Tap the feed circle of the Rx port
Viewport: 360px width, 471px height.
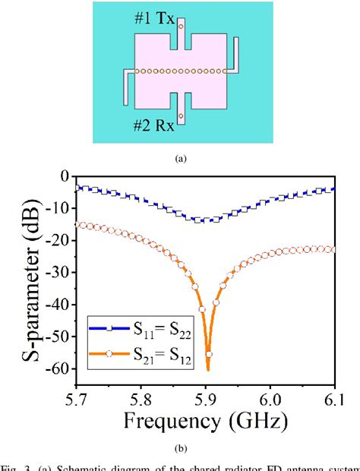point(181,115)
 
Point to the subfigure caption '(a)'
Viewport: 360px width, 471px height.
point(180,158)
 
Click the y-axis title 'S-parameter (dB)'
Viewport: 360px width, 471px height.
point(25,274)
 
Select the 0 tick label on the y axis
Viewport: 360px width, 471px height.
point(64,175)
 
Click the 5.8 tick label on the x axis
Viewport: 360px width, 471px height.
point(141,398)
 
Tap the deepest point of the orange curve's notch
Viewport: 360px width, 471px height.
point(208,369)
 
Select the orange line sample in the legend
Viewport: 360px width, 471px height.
point(109,353)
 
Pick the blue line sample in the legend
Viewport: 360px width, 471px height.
point(109,327)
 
